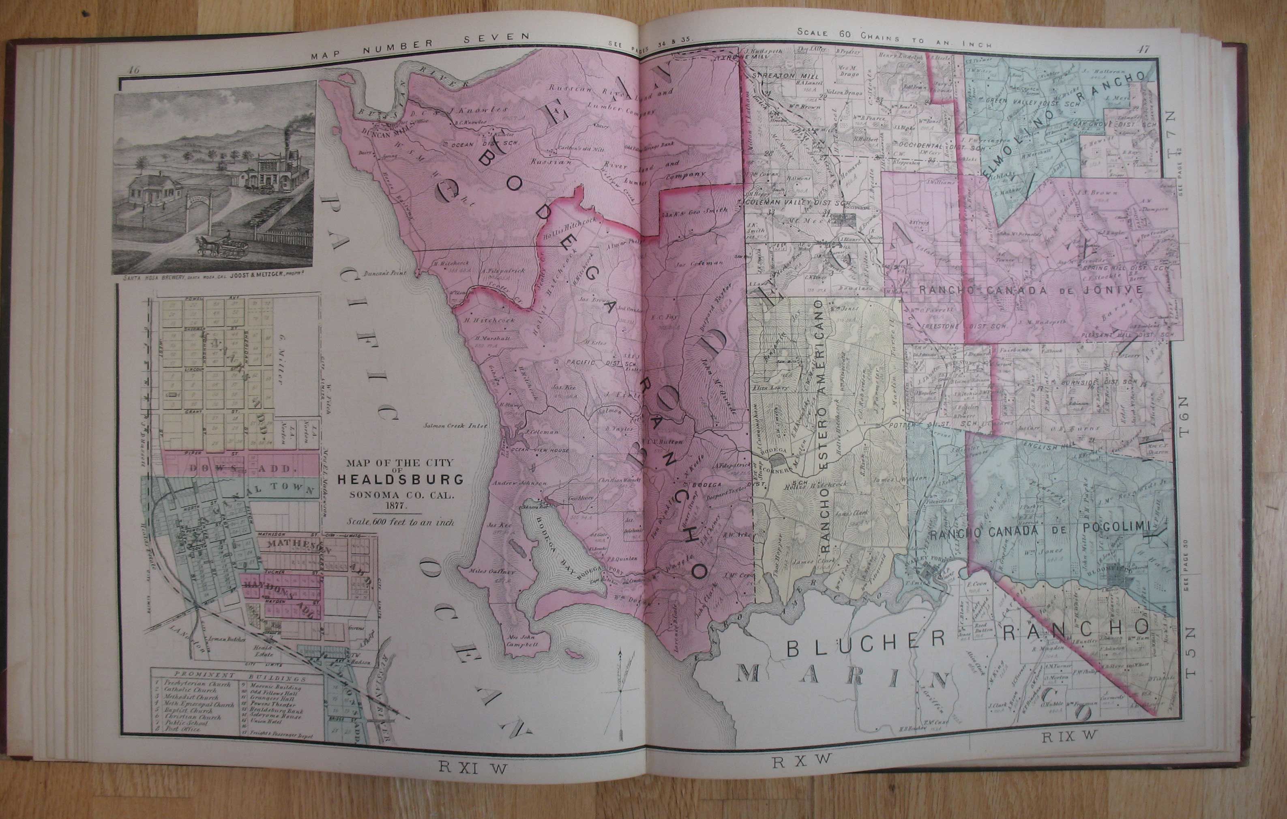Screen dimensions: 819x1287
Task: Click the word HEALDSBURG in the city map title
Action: pos(400,479)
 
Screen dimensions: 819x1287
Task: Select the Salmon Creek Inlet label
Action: pos(456,426)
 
